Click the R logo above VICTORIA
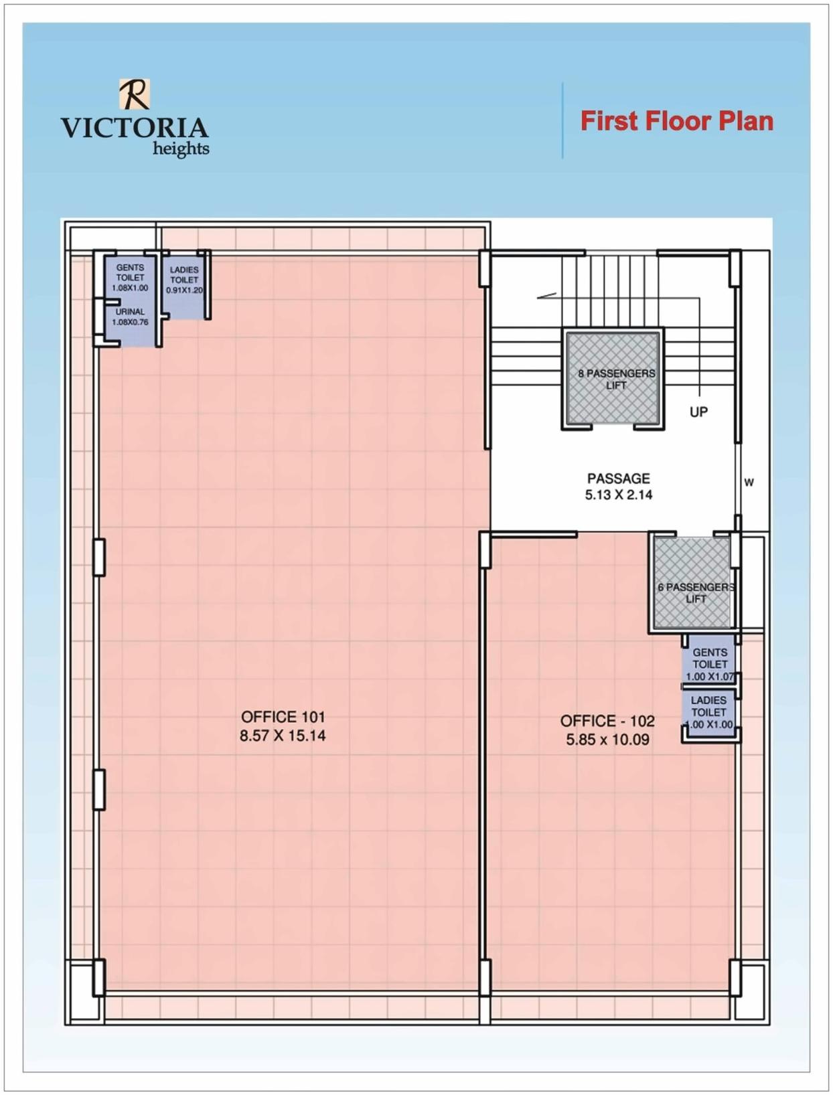click(135, 94)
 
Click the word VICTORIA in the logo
click(135, 128)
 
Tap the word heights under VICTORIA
click(181, 148)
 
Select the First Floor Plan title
click(676, 121)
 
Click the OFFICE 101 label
click(283, 717)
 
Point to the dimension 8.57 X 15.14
click(283, 736)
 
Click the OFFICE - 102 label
click(607, 721)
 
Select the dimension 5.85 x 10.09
click(607, 740)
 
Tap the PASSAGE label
click(618, 479)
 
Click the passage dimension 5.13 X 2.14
click(618, 495)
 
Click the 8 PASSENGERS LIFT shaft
click(613, 379)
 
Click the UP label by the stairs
click(698, 412)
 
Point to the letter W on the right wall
click(749, 482)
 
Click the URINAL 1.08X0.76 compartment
click(131, 321)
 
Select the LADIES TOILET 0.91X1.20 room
click(184, 284)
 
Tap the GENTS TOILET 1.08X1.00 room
click(130, 277)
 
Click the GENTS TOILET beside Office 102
click(709, 663)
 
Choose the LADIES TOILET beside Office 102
click(709, 712)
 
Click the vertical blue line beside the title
click(562, 120)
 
